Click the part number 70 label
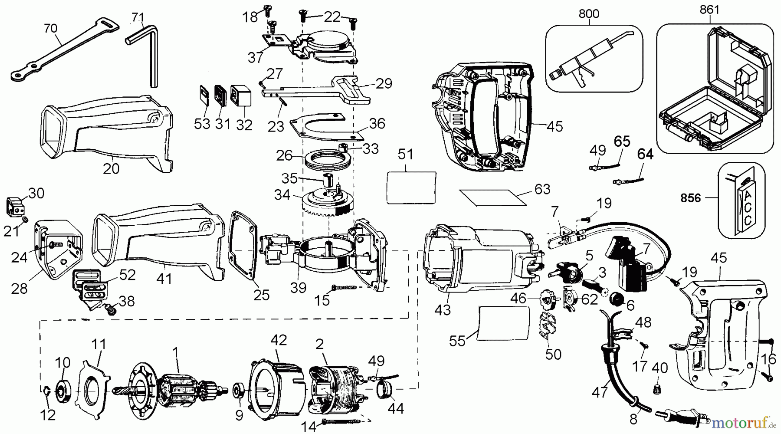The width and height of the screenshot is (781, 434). (x=50, y=29)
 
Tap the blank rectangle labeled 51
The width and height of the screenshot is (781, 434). (x=410, y=187)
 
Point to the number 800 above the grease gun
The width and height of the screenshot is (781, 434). (x=589, y=13)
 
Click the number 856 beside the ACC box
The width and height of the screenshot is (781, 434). (x=690, y=198)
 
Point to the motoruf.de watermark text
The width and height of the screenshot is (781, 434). (x=744, y=421)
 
